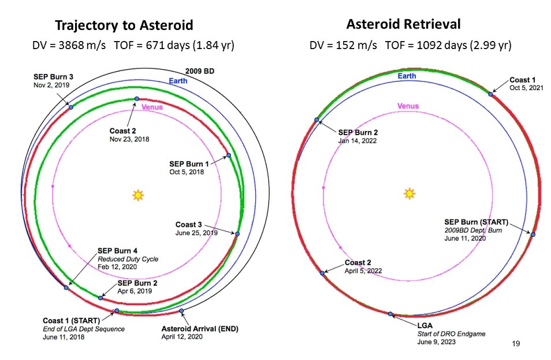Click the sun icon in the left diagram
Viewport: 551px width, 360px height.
[x=138, y=195]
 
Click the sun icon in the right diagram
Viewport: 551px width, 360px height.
[x=409, y=194]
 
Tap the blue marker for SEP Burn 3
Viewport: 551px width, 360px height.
[x=71, y=107]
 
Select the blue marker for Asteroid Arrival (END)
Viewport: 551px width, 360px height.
[x=181, y=311]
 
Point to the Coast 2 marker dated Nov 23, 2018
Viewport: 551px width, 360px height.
[x=137, y=99]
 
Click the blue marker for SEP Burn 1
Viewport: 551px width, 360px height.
[x=229, y=155]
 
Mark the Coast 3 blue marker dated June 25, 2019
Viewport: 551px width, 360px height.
[x=237, y=234]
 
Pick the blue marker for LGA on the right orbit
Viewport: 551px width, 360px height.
[x=390, y=314]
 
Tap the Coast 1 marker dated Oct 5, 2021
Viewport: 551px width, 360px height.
[x=490, y=94]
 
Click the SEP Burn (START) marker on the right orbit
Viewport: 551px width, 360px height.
[x=533, y=234]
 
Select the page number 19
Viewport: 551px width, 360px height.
[x=516, y=343]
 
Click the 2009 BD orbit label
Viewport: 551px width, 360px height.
[x=200, y=71]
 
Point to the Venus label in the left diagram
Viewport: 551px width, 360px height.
[x=152, y=107]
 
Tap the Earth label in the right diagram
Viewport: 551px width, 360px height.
[x=407, y=76]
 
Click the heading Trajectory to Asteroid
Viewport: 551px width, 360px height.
[x=124, y=25]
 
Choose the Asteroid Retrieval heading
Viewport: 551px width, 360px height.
[x=403, y=24]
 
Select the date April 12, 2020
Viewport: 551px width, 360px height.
[x=182, y=337]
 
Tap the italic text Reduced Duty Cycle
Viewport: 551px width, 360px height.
[x=128, y=259]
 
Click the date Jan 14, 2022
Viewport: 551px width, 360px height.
[x=358, y=140]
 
